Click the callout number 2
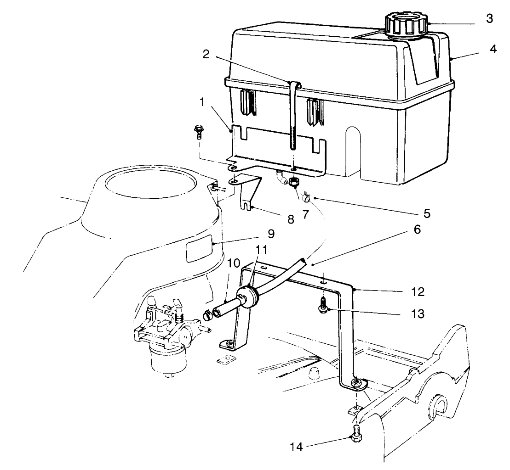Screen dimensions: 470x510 (x=206, y=54)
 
